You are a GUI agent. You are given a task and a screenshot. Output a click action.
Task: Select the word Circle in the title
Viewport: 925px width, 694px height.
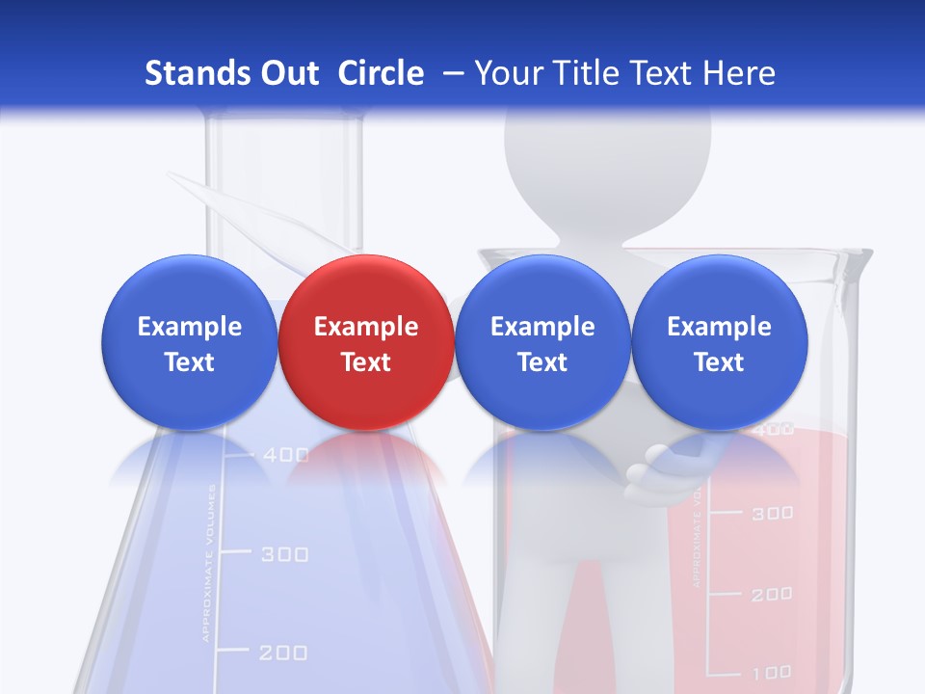(381, 73)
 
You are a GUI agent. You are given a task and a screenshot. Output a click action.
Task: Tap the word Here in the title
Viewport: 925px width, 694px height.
(737, 73)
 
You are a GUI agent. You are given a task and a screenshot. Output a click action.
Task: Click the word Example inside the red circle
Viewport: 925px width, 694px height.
(365, 327)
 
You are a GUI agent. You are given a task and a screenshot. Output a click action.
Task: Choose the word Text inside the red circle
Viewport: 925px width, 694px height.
(365, 362)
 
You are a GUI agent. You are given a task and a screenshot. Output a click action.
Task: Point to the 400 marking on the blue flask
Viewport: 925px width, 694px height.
(285, 454)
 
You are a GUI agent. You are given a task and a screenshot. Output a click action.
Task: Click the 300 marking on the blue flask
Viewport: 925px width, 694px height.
(285, 554)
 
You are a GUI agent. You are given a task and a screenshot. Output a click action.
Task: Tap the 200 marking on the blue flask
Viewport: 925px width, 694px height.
(283, 653)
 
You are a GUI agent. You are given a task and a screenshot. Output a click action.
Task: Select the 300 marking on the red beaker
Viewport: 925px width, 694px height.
(772, 513)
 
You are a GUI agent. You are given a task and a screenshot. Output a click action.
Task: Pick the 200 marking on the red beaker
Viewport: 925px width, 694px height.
(772, 594)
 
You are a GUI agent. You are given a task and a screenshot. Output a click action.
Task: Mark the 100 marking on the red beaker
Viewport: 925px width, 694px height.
(772, 672)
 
